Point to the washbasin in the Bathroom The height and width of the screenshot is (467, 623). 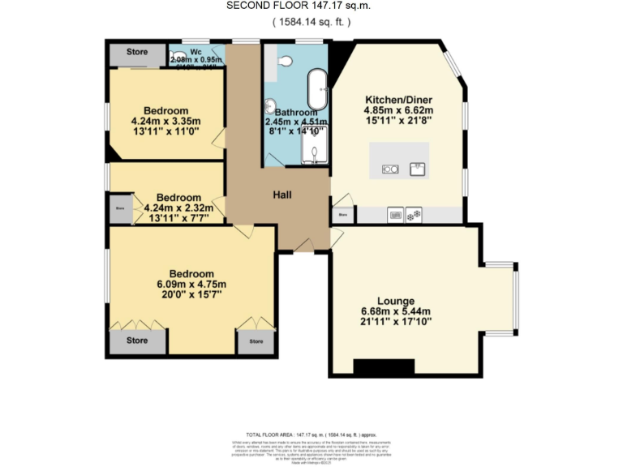coord(269,105)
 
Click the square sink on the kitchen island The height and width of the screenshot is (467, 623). coord(418,169)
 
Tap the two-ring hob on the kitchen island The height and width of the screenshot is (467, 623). coord(389,169)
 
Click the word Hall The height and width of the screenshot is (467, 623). coord(281,195)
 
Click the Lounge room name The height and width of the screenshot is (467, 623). coord(395,301)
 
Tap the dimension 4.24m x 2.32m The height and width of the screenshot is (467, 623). coord(178,208)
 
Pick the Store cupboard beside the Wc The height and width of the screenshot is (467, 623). coord(137,53)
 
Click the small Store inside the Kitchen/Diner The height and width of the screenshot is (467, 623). coord(342,216)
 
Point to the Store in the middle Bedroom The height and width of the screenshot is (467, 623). coord(119,208)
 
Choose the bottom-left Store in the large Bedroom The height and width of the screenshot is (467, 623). coord(137,341)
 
